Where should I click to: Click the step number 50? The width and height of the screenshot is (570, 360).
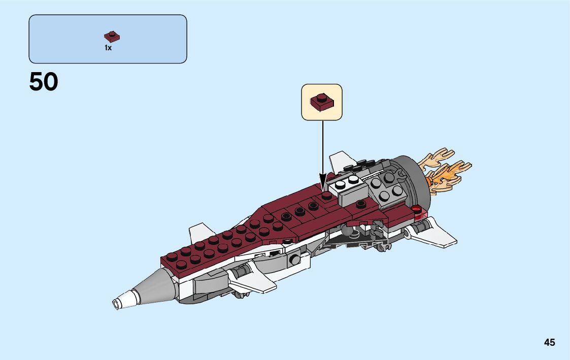pos(44,82)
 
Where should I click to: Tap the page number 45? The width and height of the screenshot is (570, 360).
pos(549,342)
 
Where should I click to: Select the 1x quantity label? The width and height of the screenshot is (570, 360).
pos(108,48)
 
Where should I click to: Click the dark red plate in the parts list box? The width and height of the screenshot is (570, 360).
pos(112,37)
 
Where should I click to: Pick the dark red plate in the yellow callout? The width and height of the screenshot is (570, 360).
pos(322,102)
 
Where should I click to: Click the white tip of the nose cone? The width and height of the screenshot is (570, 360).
pos(120,303)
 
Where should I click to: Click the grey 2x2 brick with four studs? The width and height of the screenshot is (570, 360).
pos(386,185)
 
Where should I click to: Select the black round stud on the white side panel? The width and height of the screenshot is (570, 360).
pos(294,260)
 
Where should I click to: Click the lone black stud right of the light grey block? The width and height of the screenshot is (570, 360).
pos(361,204)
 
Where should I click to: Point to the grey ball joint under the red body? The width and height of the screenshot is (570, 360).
pos(346,231)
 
